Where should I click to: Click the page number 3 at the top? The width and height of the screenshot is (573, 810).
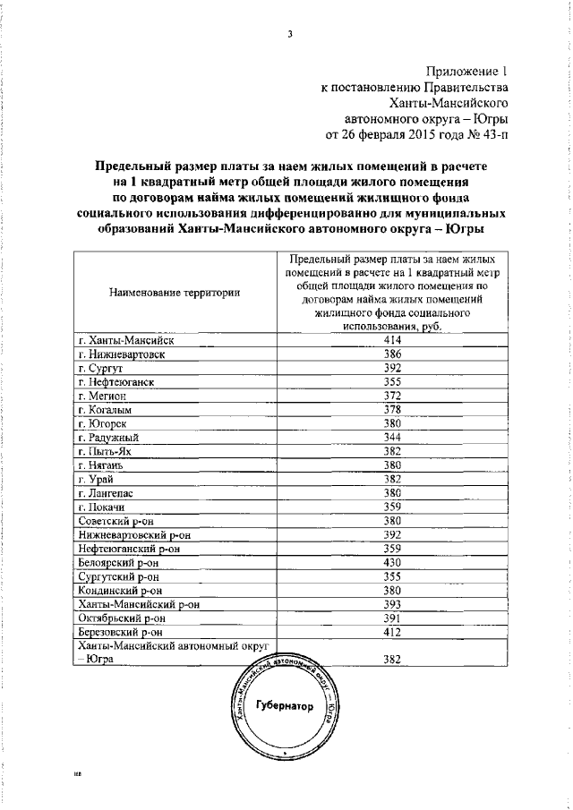(x=289, y=35)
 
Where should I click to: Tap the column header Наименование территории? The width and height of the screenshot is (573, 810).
(x=175, y=293)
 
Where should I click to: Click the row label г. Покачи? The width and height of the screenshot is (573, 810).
(x=105, y=507)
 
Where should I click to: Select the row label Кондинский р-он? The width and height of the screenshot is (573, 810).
(x=120, y=590)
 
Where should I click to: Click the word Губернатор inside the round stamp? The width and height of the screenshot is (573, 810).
(x=285, y=706)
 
